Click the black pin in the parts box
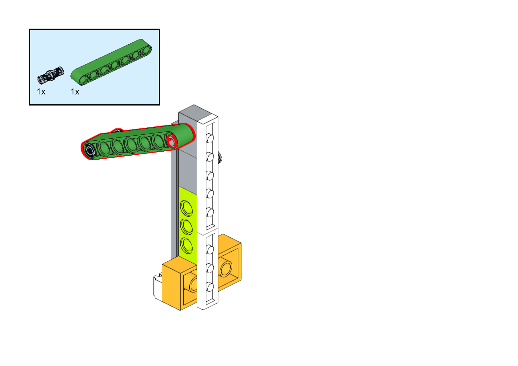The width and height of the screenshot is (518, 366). [50, 75]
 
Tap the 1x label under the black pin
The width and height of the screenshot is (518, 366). [41, 92]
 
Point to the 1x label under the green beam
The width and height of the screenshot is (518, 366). [75, 92]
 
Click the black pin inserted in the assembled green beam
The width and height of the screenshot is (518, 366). [90, 151]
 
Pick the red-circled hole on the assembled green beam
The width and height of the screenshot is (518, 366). [171, 141]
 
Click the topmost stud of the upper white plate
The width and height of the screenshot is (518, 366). [210, 138]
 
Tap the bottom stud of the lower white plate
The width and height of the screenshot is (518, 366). [210, 287]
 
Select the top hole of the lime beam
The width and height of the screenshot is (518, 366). [186, 208]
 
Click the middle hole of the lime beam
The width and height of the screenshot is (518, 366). [186, 226]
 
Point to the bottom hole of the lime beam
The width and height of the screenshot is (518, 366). [186, 245]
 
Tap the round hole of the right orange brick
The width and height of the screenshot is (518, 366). [225, 268]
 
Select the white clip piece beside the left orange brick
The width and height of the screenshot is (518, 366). [158, 288]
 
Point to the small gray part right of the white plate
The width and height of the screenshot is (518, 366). [220, 157]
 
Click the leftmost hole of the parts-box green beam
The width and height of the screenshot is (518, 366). [83, 80]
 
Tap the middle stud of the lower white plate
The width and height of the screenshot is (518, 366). [210, 269]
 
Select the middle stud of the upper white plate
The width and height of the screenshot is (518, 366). [210, 176]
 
